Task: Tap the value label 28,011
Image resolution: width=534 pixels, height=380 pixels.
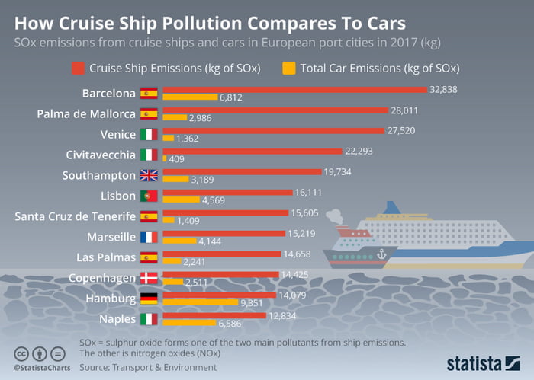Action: pos(404,110)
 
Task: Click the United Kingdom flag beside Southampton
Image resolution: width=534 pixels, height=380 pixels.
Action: pos(149,175)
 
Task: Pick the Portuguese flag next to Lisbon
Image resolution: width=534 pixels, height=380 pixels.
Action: pos(149,196)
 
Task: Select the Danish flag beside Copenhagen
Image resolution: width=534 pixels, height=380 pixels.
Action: pos(149,278)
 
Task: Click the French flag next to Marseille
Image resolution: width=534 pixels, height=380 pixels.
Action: pos(149,237)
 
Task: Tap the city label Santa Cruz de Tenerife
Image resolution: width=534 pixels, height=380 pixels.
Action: pos(76,216)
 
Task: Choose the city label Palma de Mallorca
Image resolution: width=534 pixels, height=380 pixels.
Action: pos(86,114)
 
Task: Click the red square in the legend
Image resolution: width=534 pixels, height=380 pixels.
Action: pos(78,68)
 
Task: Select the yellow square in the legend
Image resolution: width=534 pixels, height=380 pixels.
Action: pos(288,68)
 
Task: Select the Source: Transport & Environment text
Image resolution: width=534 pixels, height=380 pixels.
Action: pos(145,366)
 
